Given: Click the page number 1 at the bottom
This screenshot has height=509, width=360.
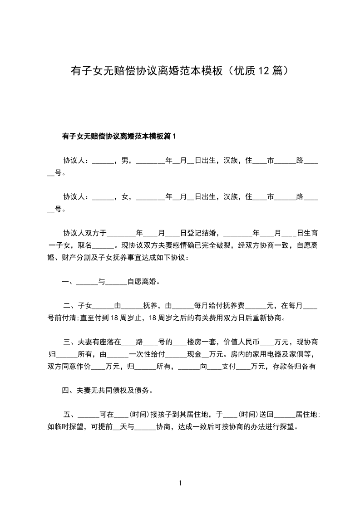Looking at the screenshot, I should [180, 484].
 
